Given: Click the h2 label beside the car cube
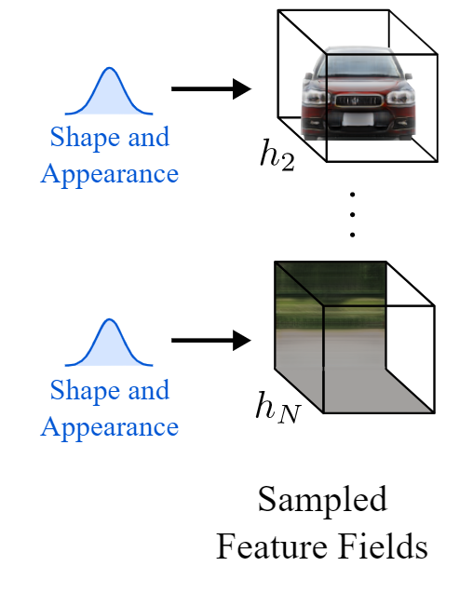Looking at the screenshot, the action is click(277, 155).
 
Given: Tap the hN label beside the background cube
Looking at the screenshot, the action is click(278, 408).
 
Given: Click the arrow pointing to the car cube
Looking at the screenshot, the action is click(211, 88).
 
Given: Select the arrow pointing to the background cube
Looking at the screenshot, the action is click(211, 341).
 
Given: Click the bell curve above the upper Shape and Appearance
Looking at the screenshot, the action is click(109, 91).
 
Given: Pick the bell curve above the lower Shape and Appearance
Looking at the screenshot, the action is click(109, 343).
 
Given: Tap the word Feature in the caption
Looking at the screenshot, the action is click(272, 546).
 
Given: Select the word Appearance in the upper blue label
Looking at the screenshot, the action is click(110, 175).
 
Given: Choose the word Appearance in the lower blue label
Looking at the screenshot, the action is click(110, 427).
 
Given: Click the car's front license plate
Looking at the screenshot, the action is click(358, 119).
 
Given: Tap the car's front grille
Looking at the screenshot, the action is click(357, 101).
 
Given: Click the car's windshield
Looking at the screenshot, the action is click(358, 65).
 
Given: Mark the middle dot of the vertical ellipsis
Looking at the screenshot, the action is click(352, 214).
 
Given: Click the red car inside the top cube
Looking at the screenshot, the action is click(358, 93).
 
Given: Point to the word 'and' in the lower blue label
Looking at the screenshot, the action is click(149, 390).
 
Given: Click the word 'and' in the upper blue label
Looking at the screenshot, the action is click(149, 137).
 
